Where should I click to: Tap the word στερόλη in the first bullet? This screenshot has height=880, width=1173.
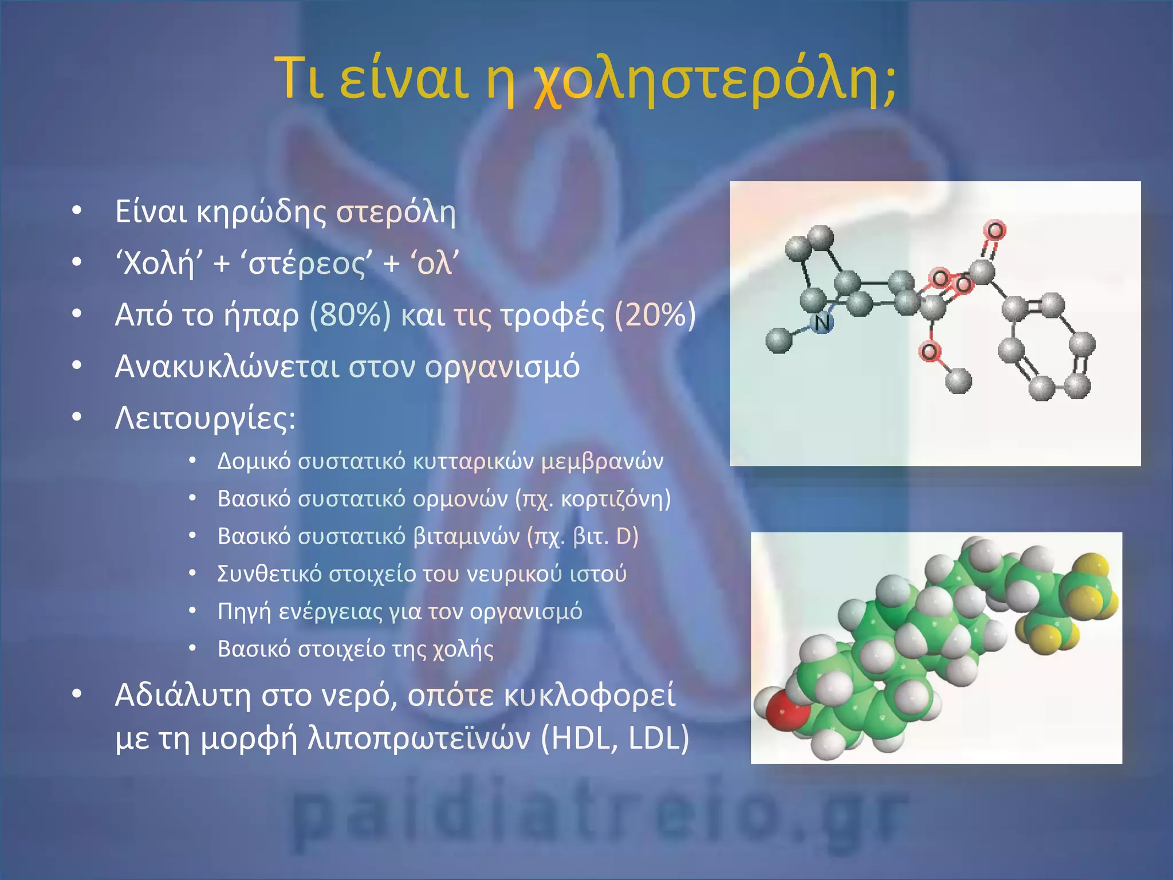(396, 212)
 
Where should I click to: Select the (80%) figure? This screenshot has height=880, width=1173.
(350, 315)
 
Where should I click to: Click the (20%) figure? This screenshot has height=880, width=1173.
(655, 315)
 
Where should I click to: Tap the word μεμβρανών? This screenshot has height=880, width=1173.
(602, 461)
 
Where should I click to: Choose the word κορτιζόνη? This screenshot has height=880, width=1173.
(612, 499)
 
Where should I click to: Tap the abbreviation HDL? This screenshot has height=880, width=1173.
(583, 738)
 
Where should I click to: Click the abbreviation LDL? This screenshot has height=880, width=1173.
(654, 738)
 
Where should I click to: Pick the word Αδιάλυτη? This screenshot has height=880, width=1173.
(183, 696)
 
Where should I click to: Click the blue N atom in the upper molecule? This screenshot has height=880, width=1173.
(822, 324)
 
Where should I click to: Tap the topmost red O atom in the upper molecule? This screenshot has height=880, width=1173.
(995, 231)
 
